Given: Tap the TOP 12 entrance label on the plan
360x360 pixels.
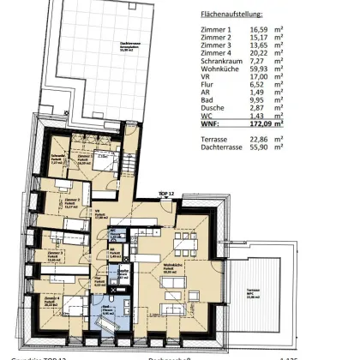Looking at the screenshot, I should click(x=166, y=195).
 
